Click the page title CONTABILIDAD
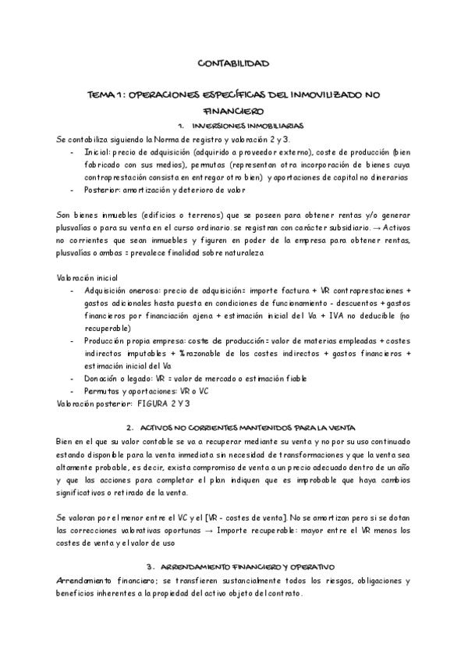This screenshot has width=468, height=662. coord(234,62)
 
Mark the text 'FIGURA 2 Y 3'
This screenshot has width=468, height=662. coord(165,404)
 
